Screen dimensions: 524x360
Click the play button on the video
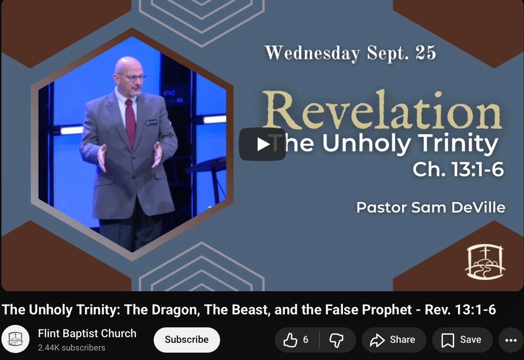262,144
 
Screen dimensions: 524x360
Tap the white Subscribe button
187,340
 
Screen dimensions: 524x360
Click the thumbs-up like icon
290,340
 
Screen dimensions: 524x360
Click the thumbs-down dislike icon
336,340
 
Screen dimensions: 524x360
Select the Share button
394,340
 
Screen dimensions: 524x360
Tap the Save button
462,340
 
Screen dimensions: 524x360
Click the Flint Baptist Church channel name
87,333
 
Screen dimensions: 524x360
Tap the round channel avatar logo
15,339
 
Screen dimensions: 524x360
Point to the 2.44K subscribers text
72,348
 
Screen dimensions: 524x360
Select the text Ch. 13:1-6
458,169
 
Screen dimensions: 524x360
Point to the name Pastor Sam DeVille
431,207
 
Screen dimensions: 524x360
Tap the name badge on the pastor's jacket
152,122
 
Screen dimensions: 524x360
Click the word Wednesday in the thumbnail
312,53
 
